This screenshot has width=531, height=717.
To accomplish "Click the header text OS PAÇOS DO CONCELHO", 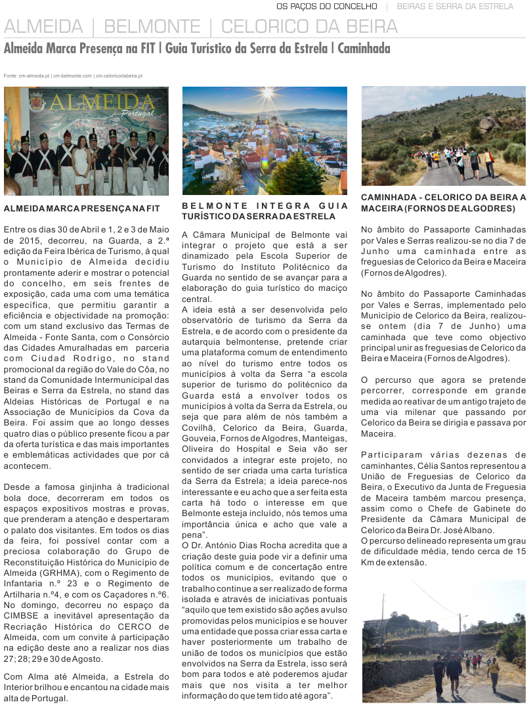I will click(x=327, y=7).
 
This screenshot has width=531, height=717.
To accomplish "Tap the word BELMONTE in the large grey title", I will click(x=152, y=27).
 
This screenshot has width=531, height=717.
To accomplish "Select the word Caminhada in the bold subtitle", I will click(x=364, y=49).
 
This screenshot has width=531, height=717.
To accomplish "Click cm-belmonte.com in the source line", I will click(x=73, y=76).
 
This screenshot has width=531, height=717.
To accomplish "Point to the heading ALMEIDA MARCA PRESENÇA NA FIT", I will click(x=82, y=208).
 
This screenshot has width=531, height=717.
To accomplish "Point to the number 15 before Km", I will click(x=520, y=552).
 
